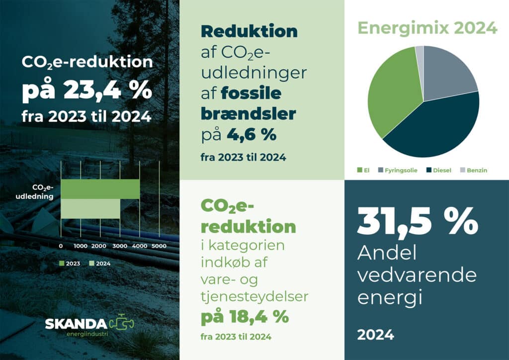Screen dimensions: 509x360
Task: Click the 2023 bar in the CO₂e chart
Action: pos(100,189)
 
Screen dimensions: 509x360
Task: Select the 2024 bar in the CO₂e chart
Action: pos(90,209)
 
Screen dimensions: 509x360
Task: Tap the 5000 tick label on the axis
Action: pos(159,246)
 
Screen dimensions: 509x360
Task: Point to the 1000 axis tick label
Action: pos(81,246)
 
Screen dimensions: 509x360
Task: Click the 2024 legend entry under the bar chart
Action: pos(100,264)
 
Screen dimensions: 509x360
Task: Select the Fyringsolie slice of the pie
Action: pos(448,75)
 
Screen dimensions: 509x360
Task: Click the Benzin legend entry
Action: pos(474,170)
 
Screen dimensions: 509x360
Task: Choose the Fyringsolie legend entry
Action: pos(398,170)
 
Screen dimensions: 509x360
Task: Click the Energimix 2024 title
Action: pos(427,28)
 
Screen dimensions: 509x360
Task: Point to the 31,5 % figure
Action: pos(418,221)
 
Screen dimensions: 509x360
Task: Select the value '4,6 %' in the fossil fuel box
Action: pos(252,134)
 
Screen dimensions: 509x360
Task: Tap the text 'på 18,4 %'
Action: pos(245,317)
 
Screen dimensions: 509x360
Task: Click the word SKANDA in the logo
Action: pos(76,324)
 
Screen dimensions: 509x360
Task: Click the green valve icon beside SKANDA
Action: pos(121,322)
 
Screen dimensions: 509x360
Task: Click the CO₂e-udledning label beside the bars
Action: pos(35,192)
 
